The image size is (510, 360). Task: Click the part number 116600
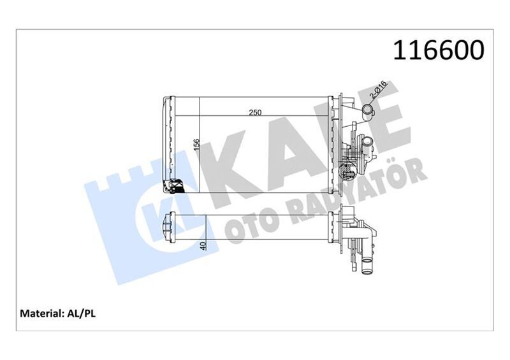click(438, 50)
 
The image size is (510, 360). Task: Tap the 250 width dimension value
click(255, 113)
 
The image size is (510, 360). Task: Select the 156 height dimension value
click(196, 146)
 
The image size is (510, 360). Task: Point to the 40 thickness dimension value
click(203, 245)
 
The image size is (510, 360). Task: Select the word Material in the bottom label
click(40, 313)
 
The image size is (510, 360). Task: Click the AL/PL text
click(80, 313)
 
